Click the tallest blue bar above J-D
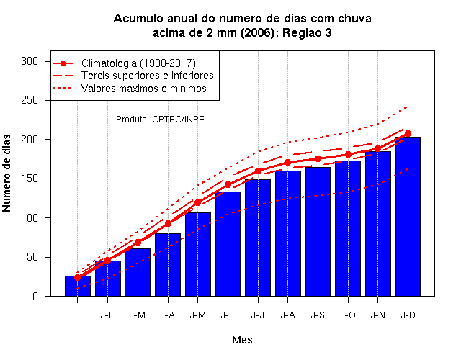point(408,216)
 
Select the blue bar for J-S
point(318,232)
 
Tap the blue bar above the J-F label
point(108,279)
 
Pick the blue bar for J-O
point(348,228)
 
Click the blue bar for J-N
point(377,224)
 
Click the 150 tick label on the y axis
point(30,179)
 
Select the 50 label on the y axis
point(32,257)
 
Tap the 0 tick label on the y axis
point(35,296)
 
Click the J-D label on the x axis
point(408,315)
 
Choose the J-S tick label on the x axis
point(318,315)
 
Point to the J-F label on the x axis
point(107,315)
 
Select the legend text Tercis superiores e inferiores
point(147,76)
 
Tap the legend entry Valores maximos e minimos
point(144,89)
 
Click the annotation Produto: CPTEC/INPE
point(160,120)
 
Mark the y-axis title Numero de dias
point(6,173)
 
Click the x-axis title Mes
point(242,340)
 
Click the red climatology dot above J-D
point(408,133)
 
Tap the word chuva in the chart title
point(354,19)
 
